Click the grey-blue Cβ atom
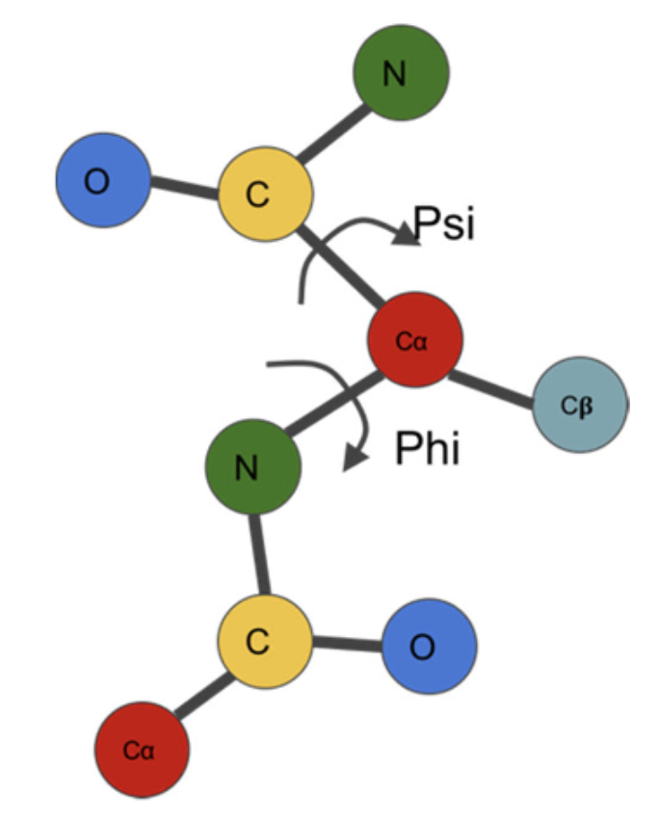pos(580,406)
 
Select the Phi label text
pos(428,448)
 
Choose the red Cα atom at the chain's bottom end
pos(142,751)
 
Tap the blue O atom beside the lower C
pos(430,647)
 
